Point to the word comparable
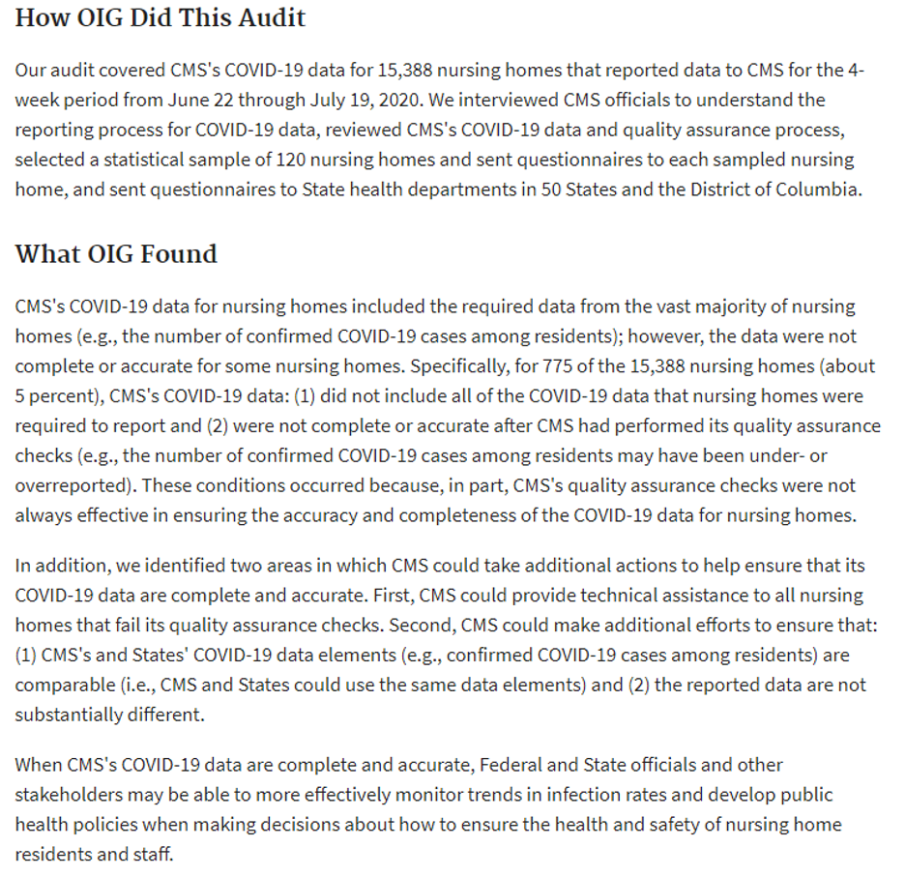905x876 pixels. coord(65,685)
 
